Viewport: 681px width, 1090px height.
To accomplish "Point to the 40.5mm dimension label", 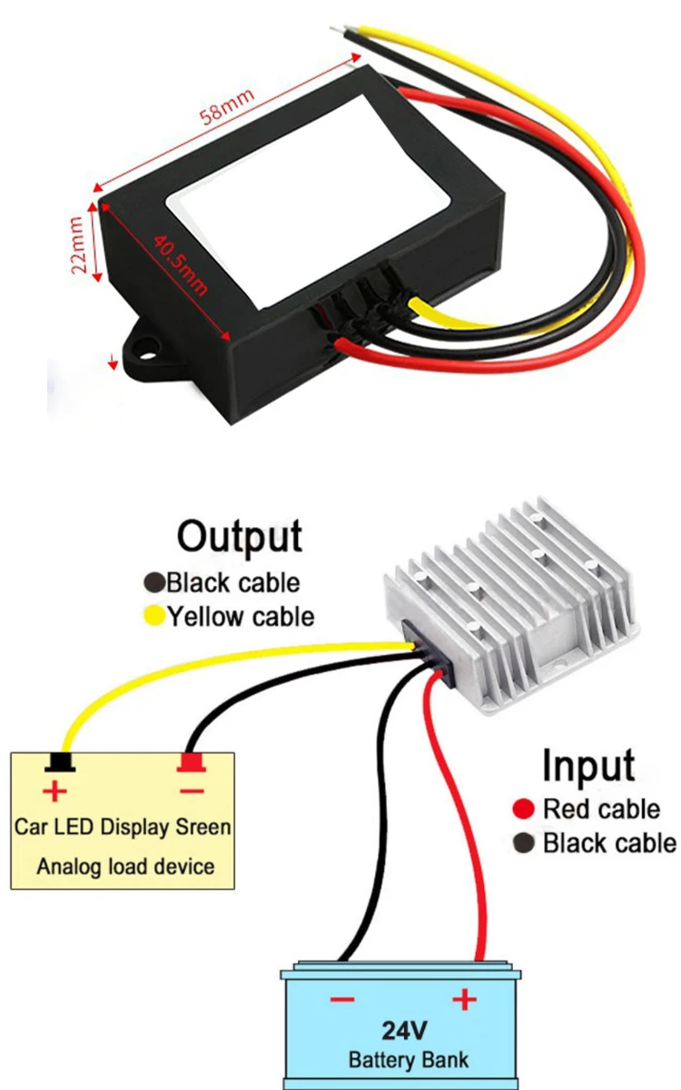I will [x=181, y=263].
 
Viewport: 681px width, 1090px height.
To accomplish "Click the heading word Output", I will [x=239, y=535].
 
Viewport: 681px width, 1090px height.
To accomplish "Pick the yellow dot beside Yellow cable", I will [x=154, y=617].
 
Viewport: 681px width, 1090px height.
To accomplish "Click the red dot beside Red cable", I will [x=522, y=808].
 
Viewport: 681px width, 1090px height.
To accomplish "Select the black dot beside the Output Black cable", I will [x=154, y=582].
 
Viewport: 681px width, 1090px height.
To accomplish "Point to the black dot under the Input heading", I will [x=522, y=844].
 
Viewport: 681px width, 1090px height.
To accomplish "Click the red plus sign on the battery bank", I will [x=464, y=1000].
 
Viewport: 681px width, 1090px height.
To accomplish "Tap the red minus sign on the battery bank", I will [x=341, y=1000].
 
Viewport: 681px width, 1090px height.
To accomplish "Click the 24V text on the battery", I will [x=402, y=1033].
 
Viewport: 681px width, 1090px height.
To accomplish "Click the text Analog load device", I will [x=125, y=866].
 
